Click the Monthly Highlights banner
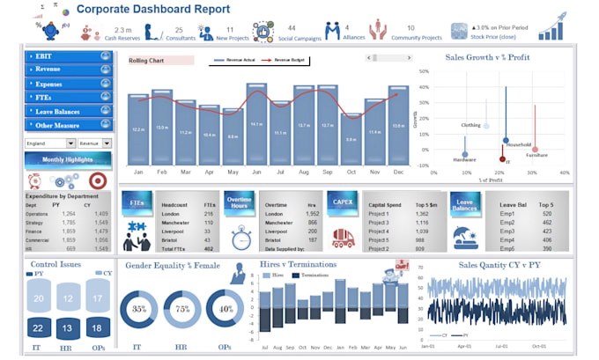pos(68,160)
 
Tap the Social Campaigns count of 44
pos(292,28)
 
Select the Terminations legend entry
pos(303,276)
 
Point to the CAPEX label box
pos(341,202)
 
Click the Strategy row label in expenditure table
pos(37,223)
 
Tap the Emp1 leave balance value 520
pos(546,214)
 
